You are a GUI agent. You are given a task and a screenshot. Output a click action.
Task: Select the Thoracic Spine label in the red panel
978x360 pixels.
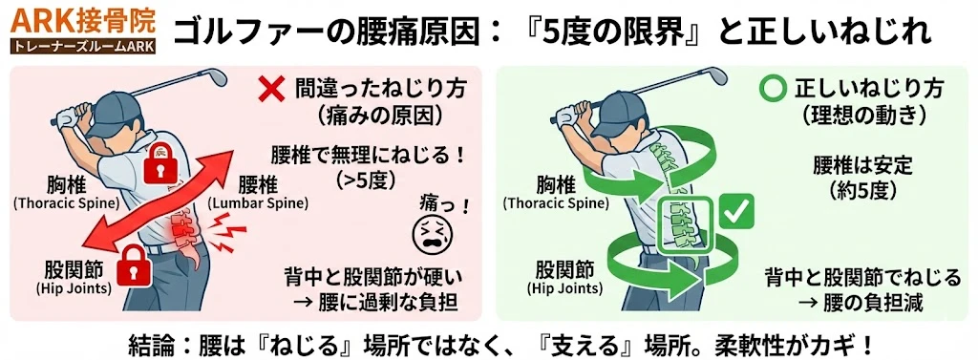(66, 202)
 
